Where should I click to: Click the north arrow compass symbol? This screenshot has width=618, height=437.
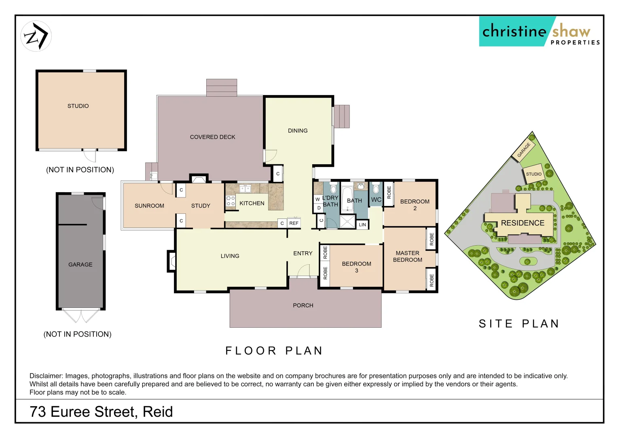click(36, 36)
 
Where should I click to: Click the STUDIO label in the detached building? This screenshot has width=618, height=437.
click(78, 106)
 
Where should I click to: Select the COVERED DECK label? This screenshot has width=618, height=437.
click(212, 137)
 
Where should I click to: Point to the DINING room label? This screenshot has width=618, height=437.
click(298, 131)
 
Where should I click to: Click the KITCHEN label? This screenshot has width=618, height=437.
click(252, 203)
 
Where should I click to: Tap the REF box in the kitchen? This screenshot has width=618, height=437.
click(294, 223)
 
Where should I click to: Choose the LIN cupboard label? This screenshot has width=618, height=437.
click(362, 225)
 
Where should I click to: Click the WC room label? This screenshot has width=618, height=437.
click(376, 199)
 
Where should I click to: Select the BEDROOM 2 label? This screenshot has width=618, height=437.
click(415, 205)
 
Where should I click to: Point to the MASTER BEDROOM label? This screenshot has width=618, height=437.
click(407, 257)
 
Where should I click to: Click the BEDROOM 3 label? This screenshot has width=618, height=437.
click(356, 267)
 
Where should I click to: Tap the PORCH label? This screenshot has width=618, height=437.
click(303, 305)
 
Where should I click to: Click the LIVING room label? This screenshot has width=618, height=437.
click(230, 256)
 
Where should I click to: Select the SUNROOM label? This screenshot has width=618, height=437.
click(149, 206)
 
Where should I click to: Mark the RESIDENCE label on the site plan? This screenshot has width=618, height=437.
click(523, 223)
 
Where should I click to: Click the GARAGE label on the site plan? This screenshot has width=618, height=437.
click(524, 150)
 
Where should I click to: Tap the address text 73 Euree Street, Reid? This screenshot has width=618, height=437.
click(101, 412)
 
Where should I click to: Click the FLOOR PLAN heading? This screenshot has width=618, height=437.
click(274, 351)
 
